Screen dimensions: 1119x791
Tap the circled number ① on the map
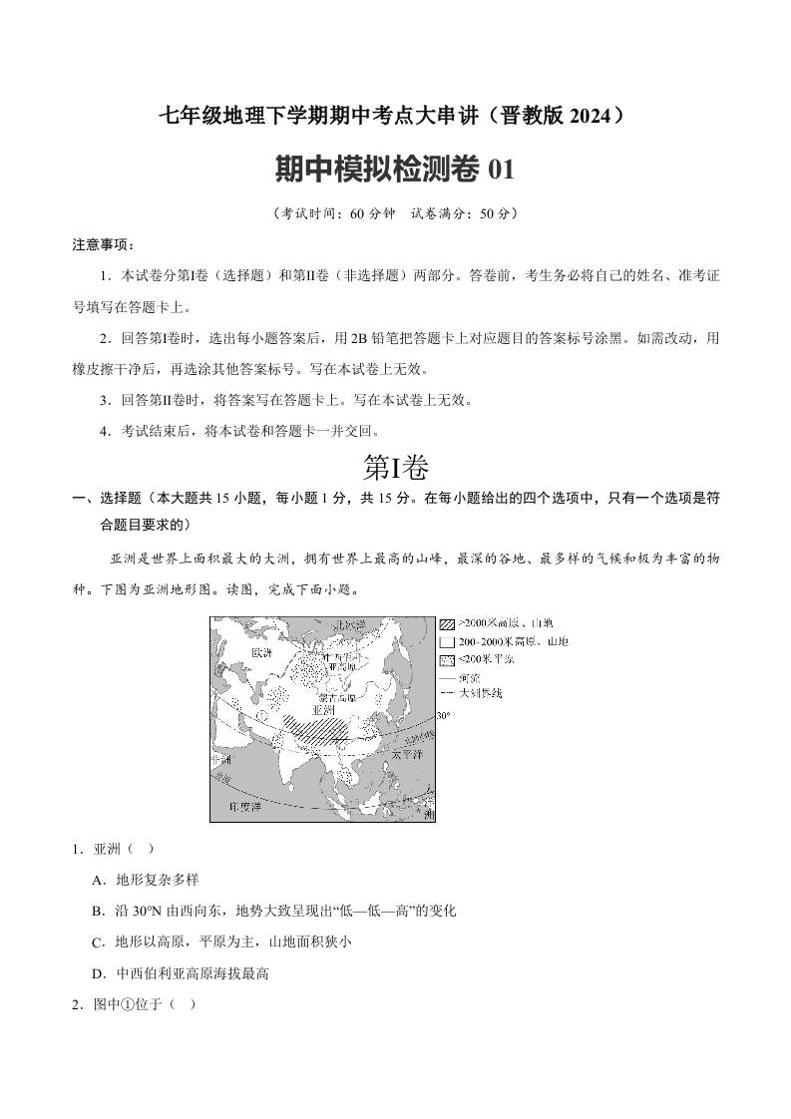[x=262, y=714]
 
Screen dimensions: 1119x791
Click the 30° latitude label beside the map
[x=444, y=715]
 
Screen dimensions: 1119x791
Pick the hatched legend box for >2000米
[x=447, y=623]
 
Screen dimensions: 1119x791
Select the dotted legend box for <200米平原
[x=447, y=659]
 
